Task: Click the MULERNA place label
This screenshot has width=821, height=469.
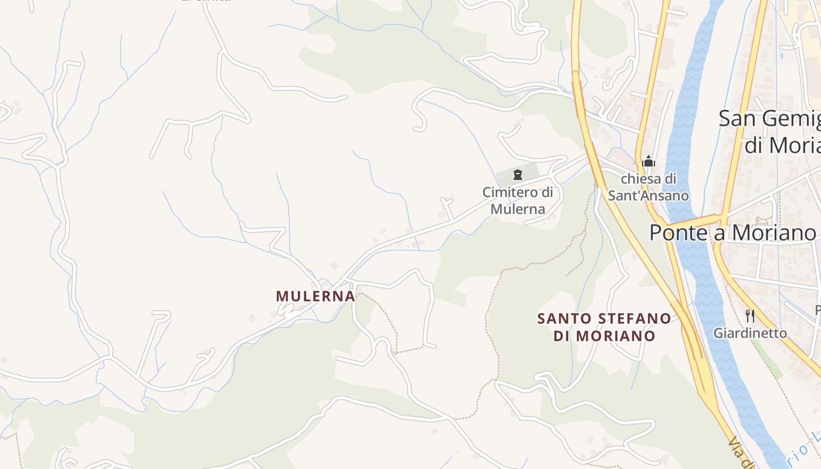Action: [315, 296]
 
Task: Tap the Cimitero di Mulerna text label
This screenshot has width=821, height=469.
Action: [518, 200]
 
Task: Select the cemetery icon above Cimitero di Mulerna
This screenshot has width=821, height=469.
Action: [518, 175]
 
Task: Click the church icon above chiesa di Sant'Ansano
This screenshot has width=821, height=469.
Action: [649, 161]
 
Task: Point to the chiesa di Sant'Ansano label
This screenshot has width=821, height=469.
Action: [648, 187]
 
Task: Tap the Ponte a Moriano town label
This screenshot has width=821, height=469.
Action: [732, 233]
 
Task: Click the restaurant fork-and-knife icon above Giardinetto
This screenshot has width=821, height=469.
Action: [749, 316]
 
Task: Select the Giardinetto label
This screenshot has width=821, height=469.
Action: [750, 333]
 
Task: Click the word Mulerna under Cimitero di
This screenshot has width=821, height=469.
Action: [518, 209]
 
